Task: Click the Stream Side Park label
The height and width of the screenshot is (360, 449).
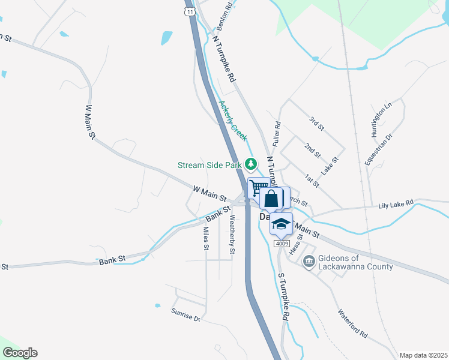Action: (209, 164)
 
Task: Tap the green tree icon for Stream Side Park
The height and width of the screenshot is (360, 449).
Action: (251, 164)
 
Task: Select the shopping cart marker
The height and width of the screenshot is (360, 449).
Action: (259, 187)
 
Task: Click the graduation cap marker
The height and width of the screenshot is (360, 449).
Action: (280, 223)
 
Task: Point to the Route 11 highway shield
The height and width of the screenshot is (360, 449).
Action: (190, 11)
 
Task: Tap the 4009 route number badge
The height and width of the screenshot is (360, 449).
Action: (282, 243)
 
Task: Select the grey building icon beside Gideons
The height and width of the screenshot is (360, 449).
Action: (309, 261)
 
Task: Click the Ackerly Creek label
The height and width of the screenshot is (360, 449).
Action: (233, 121)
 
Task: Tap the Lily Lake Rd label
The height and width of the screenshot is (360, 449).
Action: (396, 205)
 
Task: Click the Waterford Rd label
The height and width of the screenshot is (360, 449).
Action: (352, 323)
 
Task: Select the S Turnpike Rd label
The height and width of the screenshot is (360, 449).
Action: (285, 298)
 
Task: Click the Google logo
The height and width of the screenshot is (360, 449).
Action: (20, 353)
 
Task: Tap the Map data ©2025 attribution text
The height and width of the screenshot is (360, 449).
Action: (423, 355)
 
